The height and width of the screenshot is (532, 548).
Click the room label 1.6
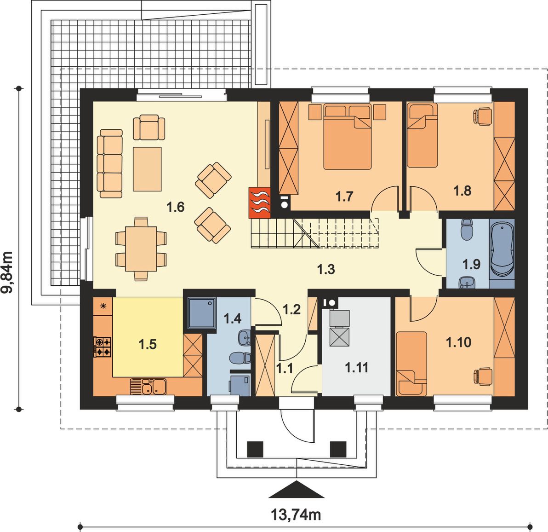pyautogui.click(x=175, y=207)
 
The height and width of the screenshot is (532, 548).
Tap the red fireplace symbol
pyautogui.click(x=259, y=203)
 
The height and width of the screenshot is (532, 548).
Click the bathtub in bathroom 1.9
pyautogui.click(x=502, y=250)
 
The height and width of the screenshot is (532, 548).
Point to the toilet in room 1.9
pyautogui.click(x=467, y=230)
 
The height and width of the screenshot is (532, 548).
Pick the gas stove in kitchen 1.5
pyautogui.click(x=103, y=347)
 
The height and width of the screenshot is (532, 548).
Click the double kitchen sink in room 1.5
pyautogui.click(x=148, y=387)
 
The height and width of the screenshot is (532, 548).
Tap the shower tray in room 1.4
pyautogui.click(x=202, y=312)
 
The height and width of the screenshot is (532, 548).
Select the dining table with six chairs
pyautogui.click(x=141, y=249)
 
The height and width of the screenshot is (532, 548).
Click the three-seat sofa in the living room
pyautogui.click(x=110, y=163)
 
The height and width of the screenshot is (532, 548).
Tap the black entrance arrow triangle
pyautogui.click(x=297, y=489)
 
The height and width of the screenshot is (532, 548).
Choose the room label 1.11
pyautogui.click(x=356, y=368)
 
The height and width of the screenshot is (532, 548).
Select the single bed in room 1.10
pyautogui.click(x=411, y=363)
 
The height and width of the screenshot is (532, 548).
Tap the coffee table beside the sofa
pyautogui.click(x=147, y=169)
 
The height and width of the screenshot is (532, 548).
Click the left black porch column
pyautogui.click(x=255, y=449)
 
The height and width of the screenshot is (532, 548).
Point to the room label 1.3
pyautogui.click(x=326, y=269)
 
